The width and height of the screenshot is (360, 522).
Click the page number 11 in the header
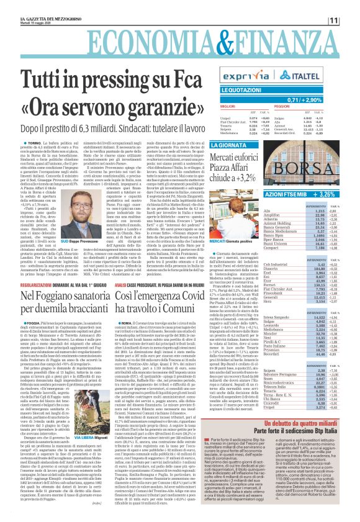click(349, 21)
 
